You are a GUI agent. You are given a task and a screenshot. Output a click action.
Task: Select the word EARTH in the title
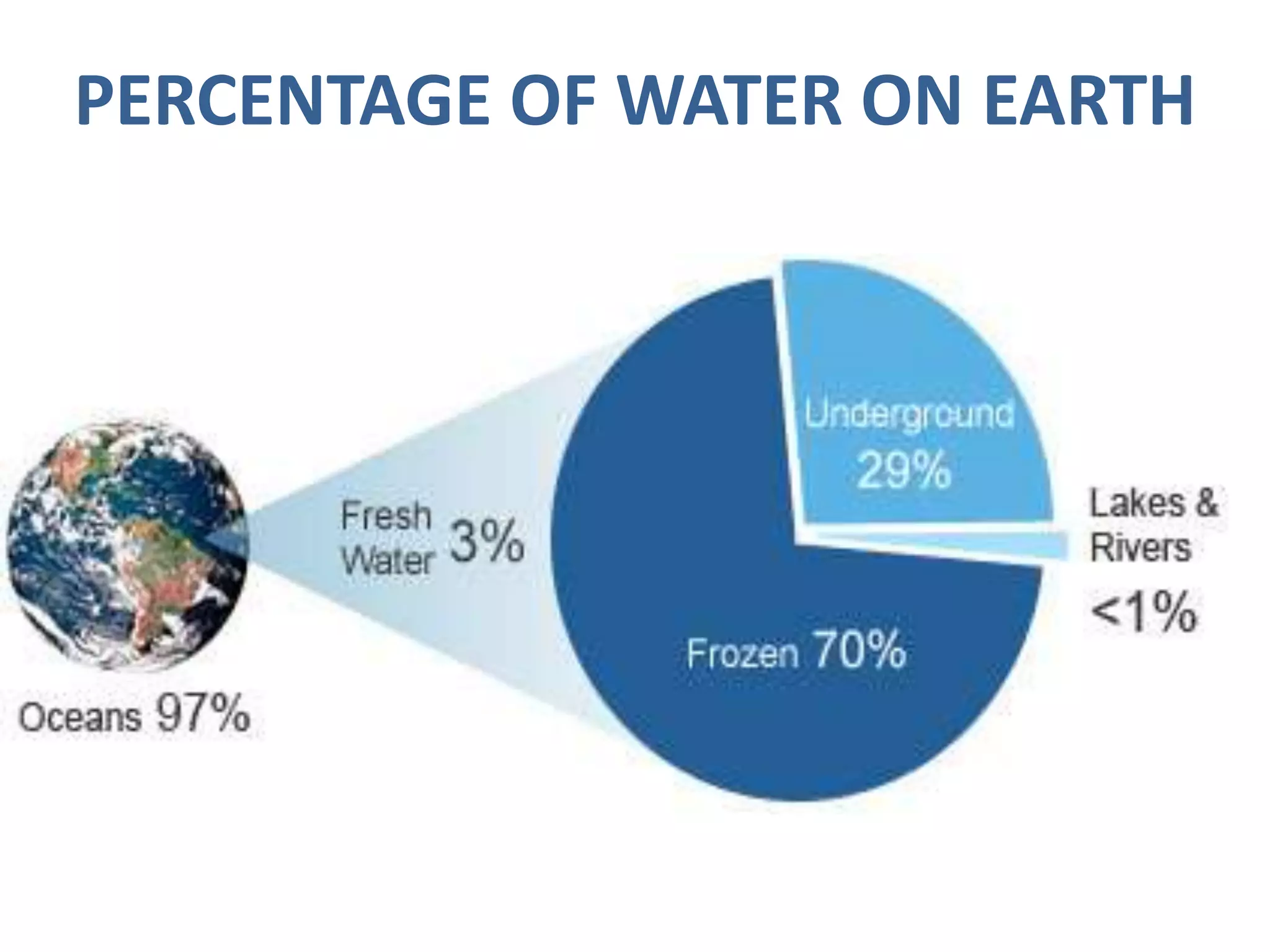click(x=1088, y=101)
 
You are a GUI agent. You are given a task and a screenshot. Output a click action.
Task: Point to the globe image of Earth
click(x=127, y=545)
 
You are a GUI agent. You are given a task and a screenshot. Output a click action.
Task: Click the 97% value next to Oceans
click(x=203, y=714)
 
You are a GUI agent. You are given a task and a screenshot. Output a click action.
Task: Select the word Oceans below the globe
click(x=80, y=718)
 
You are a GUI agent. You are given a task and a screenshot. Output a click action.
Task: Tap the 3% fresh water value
click(x=487, y=542)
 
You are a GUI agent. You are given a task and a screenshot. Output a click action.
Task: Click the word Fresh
click(x=386, y=516)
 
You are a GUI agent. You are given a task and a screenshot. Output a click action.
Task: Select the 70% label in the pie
click(x=859, y=650)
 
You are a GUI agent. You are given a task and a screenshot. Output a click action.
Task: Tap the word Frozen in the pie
click(x=742, y=654)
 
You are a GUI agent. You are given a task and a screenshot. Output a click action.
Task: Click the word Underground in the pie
click(x=909, y=414)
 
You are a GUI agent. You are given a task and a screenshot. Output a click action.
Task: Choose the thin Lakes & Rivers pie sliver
click(x=992, y=543)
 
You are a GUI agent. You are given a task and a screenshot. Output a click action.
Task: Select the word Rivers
click(x=1140, y=548)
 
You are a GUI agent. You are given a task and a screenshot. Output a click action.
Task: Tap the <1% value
click(x=1143, y=612)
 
